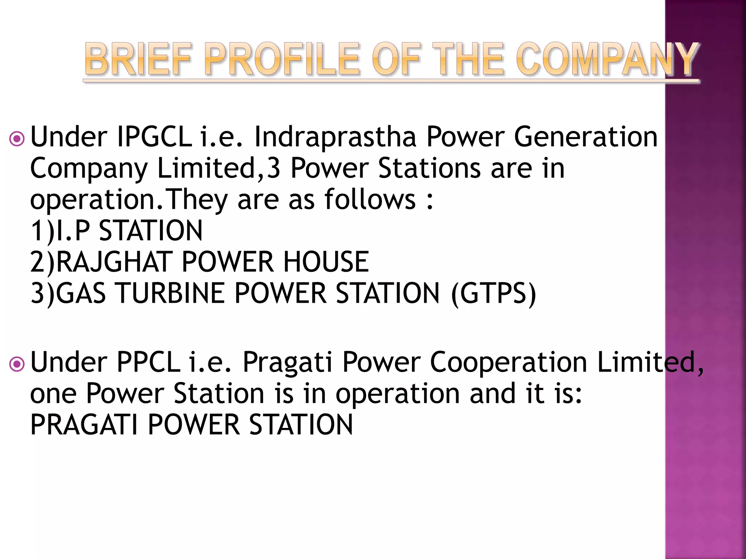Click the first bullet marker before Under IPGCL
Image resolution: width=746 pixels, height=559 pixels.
17,139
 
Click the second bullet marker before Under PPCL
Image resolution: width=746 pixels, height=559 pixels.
17,364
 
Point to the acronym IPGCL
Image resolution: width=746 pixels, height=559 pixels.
154,137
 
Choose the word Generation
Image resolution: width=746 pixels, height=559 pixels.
586,137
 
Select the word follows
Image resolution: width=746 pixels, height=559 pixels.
370,199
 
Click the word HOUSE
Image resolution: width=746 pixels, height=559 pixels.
326,262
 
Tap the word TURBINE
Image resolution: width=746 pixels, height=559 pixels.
170,293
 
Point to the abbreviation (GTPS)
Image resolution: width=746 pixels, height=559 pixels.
494,293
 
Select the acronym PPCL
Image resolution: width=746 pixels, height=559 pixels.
148,362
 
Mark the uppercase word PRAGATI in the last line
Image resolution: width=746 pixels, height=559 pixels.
84,425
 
